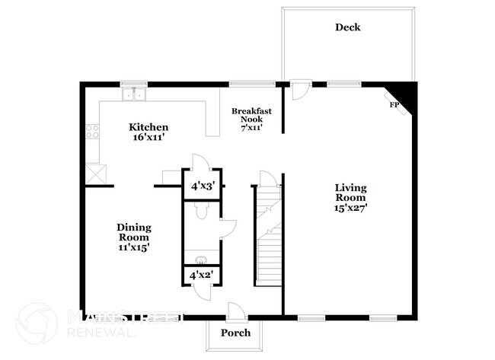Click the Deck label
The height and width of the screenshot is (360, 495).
point(347,27)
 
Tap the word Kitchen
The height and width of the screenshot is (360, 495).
point(148,126)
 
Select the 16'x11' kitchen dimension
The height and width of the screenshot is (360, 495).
point(148,138)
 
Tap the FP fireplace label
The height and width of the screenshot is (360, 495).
point(395,104)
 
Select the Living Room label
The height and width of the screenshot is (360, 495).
point(350,193)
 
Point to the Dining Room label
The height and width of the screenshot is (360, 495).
point(133,233)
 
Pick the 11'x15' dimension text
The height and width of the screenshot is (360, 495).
point(133,247)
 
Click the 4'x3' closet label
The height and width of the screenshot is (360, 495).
point(203,186)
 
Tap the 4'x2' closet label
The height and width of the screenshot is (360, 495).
point(201,274)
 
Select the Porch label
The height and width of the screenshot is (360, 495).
point(235,333)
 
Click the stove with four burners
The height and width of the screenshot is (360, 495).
point(93,133)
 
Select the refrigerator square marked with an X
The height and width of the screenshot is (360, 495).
point(96,173)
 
